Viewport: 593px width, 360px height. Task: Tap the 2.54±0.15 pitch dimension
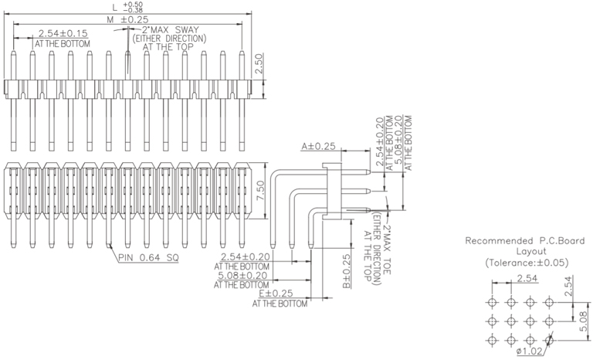63,33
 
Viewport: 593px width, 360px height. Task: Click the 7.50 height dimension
260,189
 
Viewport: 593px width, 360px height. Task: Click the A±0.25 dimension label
318,145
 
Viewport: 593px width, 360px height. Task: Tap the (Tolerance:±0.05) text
527,263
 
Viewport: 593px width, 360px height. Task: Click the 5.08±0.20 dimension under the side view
243,275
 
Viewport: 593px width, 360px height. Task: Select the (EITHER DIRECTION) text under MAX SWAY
169,38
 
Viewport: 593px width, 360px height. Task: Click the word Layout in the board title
531,251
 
